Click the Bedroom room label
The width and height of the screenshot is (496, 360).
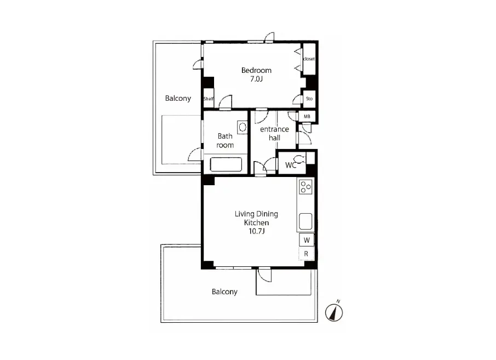point(256,70)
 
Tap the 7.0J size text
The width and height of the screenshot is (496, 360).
point(256,79)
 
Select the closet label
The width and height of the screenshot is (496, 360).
point(309,59)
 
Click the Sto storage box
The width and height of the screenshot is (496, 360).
point(309,99)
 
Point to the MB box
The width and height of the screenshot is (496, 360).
point(307,117)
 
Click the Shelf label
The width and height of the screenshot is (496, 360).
point(209,99)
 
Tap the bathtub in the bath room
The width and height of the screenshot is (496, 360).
point(226,164)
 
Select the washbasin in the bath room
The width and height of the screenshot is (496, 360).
point(243,127)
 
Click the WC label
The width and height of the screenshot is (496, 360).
point(290,165)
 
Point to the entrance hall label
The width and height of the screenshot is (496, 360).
point(274,134)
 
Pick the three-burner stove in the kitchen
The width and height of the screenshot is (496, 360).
point(305,187)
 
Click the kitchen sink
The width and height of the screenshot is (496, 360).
point(305,221)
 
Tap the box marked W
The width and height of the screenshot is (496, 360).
point(307,240)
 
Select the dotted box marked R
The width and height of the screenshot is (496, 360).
point(306,254)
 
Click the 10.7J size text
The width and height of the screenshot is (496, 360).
point(256,231)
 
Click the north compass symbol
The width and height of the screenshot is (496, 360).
point(334,312)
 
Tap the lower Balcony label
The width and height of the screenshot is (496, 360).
point(224,292)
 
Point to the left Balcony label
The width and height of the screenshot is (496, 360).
point(178,98)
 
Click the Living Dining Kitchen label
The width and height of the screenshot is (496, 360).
point(256,218)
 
